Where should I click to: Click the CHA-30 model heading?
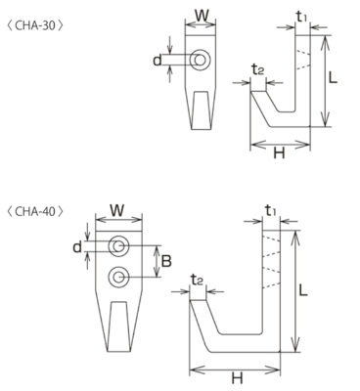(34, 25)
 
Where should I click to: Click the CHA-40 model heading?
(34, 212)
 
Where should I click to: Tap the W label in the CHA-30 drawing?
(202, 16)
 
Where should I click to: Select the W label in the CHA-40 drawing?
(116, 210)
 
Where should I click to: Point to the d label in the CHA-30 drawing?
(157, 60)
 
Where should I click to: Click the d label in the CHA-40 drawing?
(77, 247)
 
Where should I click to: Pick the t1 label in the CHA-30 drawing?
(301, 17)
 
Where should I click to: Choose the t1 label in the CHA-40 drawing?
(270, 211)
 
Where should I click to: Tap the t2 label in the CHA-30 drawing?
(257, 69)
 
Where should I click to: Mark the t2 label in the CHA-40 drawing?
(197, 280)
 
